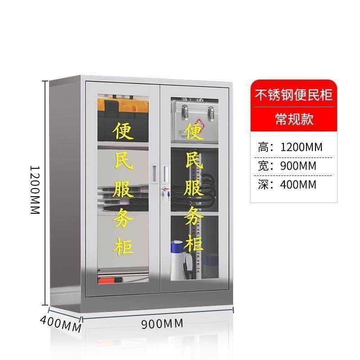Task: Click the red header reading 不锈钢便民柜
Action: point(294,95)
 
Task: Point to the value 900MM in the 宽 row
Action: point(298,166)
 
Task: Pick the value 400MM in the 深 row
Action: point(298,184)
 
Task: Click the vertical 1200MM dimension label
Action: point(35,189)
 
